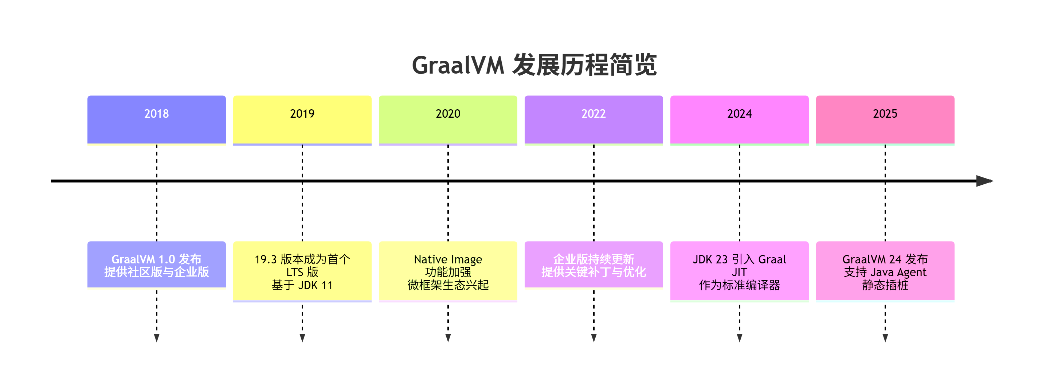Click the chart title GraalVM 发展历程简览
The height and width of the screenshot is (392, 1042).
pos(534,65)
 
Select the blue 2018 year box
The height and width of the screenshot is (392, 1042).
pos(157,119)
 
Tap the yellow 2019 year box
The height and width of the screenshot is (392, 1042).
pos(302,119)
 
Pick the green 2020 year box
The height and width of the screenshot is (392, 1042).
pos(448,119)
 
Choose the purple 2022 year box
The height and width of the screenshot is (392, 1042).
pos(594,119)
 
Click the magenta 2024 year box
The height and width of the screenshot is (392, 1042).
pos(739,119)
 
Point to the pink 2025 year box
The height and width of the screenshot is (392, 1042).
pos(885,119)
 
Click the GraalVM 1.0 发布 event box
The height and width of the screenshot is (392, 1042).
pos(157,265)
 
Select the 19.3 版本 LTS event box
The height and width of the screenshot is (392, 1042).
pos(302,271)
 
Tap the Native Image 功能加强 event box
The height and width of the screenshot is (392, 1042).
pos(448,271)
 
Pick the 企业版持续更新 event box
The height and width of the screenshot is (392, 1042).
pos(594,265)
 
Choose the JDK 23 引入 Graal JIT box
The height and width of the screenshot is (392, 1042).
pos(739,271)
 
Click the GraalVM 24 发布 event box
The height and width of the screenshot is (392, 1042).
pos(885,271)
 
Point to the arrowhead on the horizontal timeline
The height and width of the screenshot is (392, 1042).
pos(984,181)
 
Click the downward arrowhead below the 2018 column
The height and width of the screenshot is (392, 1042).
pos(157,338)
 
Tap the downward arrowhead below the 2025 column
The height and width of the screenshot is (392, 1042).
pos(885,338)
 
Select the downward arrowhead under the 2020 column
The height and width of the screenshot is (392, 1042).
pos(448,338)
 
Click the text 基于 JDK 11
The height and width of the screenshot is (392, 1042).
pos(302,285)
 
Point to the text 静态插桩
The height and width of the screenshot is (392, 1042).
pos(885,285)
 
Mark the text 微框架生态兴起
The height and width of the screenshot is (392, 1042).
pos(448,285)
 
